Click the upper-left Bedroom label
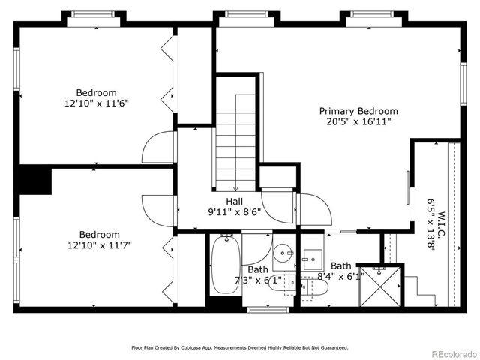(97, 93)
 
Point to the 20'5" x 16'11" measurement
(358, 121)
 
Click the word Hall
(235, 201)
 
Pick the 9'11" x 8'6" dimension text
(235, 211)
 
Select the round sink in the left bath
(282, 252)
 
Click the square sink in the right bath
(311, 260)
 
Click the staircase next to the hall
(236, 142)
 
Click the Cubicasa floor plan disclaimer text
(240, 347)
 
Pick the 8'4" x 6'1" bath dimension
(341, 275)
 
